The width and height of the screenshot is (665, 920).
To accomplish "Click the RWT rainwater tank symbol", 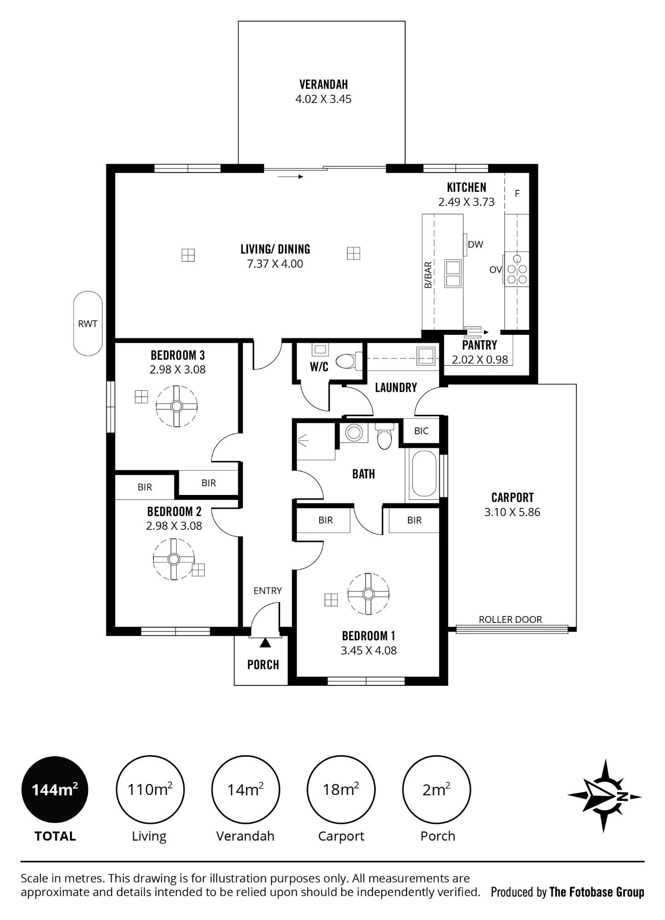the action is tap(88, 323).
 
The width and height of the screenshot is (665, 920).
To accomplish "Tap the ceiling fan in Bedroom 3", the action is tap(177, 406).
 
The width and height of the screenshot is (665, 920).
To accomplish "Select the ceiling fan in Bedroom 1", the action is tap(368, 593).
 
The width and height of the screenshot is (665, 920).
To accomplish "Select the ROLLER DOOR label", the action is tap(510, 620).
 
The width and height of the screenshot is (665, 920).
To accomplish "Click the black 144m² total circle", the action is tap(55, 790).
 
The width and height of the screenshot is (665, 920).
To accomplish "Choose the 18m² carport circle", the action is tap(341, 790).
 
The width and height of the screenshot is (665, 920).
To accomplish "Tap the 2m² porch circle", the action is tap(436, 790).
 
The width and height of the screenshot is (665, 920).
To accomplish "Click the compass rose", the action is tap(605, 796).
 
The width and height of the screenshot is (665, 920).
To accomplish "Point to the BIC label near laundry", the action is tap(421, 431).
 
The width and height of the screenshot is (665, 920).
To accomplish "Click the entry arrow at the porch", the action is tap(265, 643).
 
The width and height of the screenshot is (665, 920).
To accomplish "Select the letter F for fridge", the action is tap(517, 194).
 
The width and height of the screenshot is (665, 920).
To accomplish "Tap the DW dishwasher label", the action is tap(476, 245).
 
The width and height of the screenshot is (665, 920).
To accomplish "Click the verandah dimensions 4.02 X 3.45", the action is tap(323, 99).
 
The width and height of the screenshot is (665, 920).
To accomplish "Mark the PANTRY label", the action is tap(480, 345).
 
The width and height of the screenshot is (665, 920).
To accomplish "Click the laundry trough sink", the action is tap(426, 355).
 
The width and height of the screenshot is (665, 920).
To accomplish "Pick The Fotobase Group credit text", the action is tap(597, 892).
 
